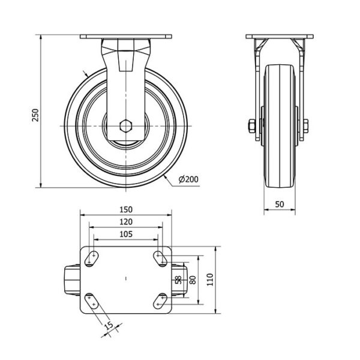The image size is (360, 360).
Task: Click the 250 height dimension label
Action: (35, 115)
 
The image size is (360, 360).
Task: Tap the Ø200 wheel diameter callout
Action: (188, 179)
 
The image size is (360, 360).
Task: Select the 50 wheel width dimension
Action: (280, 204)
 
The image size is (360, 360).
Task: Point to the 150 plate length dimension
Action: (126, 209)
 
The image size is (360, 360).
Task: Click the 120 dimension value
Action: (126, 222)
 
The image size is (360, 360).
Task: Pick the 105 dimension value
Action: (126, 234)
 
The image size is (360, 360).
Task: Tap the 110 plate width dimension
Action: (210, 280)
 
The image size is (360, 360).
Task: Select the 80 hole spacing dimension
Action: (193, 280)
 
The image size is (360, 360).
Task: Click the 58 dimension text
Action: (178, 280)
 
